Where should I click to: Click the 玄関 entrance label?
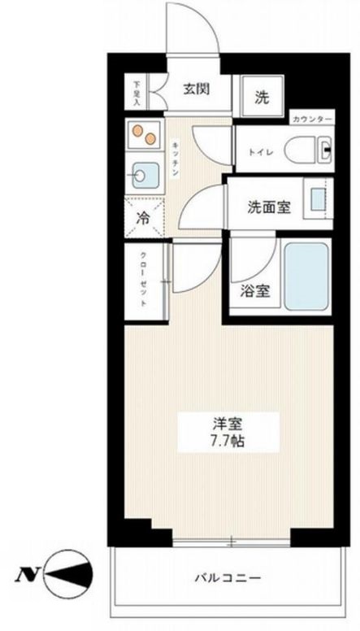tap(196, 90)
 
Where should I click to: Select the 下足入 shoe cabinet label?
tap(137, 92)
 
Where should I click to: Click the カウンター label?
tap(311, 120)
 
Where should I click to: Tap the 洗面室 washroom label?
tap(268, 207)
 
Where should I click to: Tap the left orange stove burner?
tap(138, 130)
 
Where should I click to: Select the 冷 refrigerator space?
tap(143, 218)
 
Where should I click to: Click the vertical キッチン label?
tap(176, 158)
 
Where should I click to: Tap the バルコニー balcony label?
tap(228, 578)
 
